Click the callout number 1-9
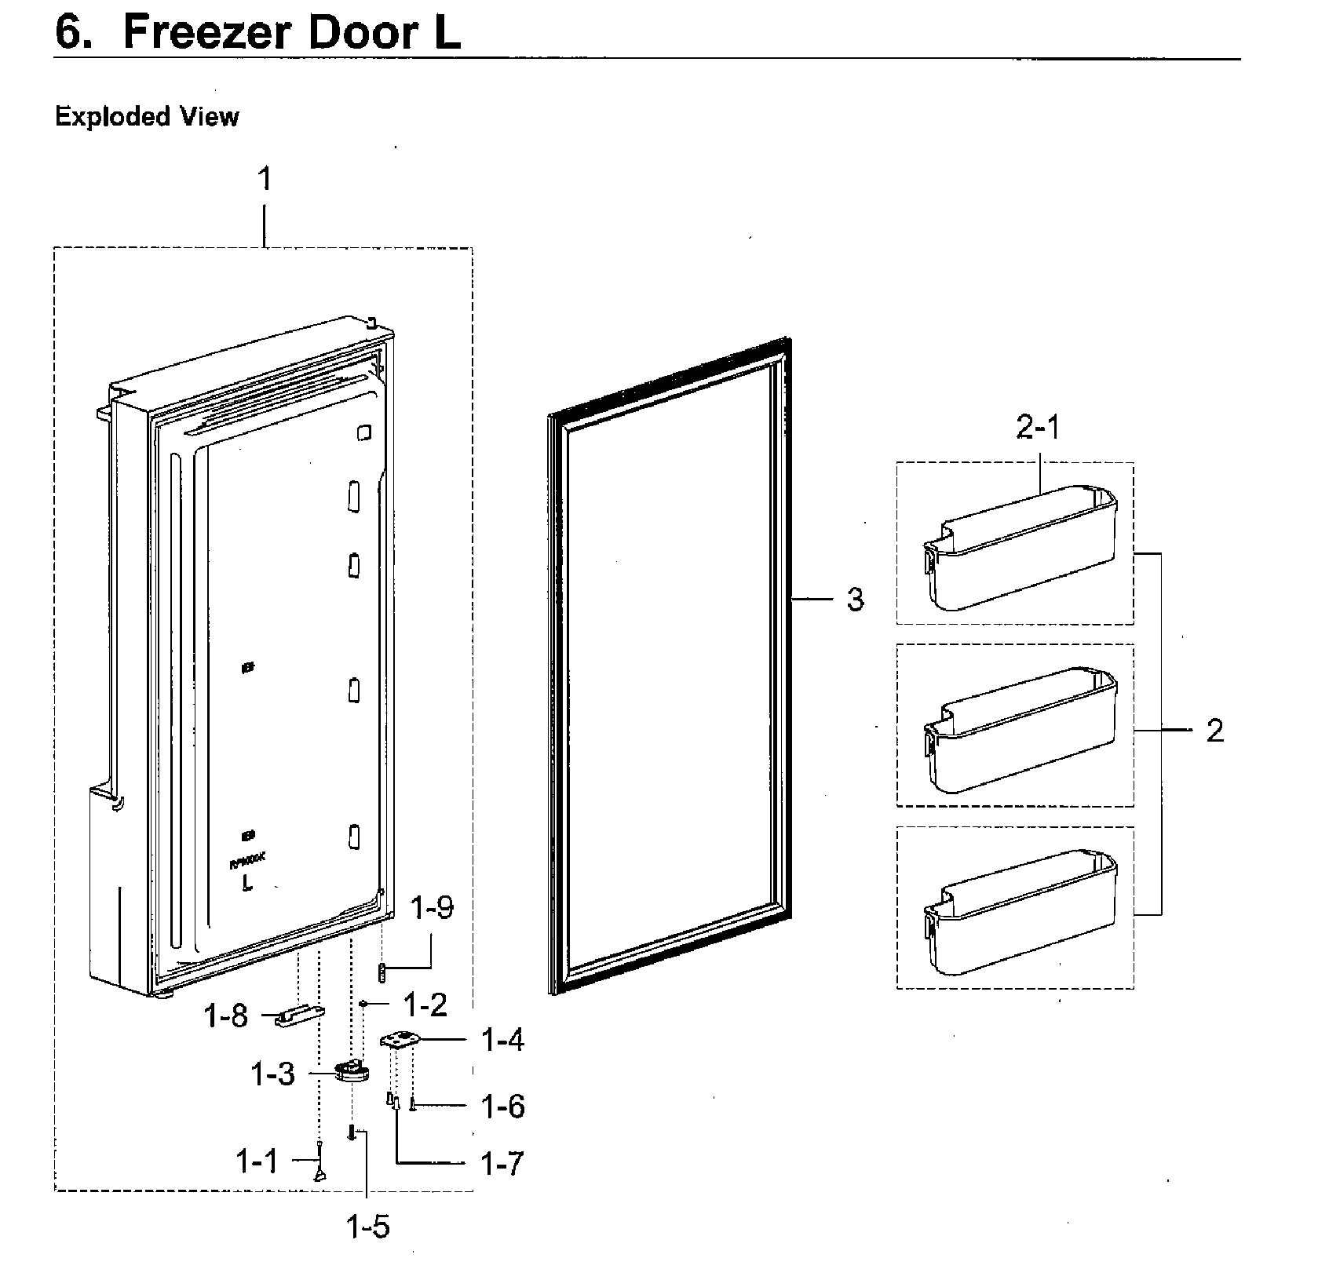click(x=432, y=908)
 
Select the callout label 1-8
click(x=225, y=1016)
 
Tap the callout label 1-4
click(x=502, y=1041)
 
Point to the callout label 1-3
click(x=272, y=1074)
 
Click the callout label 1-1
click(x=257, y=1161)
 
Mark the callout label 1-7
click(x=502, y=1164)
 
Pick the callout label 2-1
click(x=1037, y=428)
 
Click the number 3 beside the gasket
click(x=855, y=600)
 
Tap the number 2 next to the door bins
click(x=1214, y=731)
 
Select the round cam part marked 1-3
click(x=352, y=1071)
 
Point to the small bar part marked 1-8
click(x=301, y=1017)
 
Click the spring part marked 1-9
click(x=382, y=973)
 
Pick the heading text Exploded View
click(x=147, y=117)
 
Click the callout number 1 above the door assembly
click(x=265, y=179)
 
